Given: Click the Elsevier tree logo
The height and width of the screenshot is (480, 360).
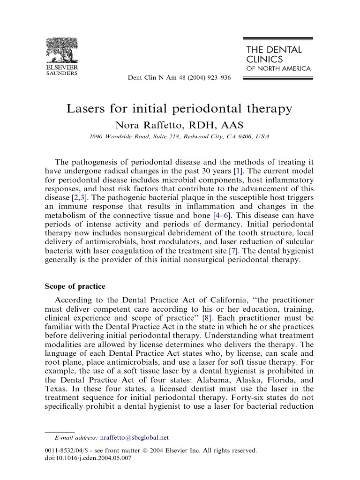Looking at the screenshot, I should pyautogui.click(x=61, y=52).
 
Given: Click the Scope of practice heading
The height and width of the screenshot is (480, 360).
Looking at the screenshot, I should pyautogui.click(x=75, y=286).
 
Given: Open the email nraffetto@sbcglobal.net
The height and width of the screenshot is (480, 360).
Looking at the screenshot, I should pyautogui.click(x=134, y=438).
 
